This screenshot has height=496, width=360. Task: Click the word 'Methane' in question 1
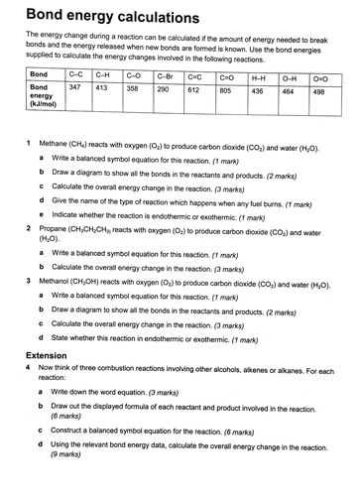point(57,144)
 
